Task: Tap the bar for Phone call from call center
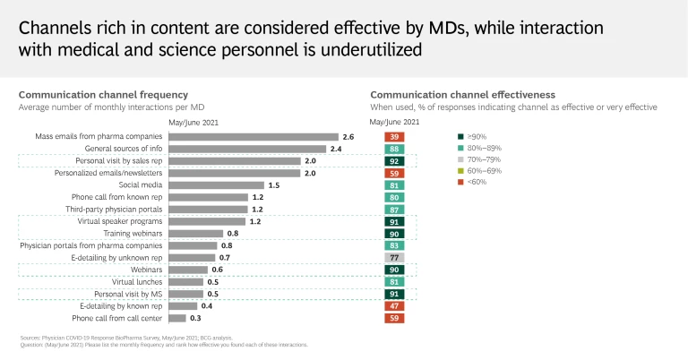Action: (176, 318)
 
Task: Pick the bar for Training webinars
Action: (193, 233)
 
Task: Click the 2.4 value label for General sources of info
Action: (336, 149)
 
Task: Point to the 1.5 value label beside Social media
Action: (274, 184)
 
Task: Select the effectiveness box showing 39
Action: (394, 136)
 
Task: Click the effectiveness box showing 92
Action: (394, 161)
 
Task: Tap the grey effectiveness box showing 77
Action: (394, 257)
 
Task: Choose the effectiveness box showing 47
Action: (394, 305)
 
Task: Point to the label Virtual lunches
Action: (134, 281)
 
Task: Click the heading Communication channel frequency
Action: (103, 94)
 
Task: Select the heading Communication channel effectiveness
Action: (462, 94)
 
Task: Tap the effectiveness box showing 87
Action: (394, 209)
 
